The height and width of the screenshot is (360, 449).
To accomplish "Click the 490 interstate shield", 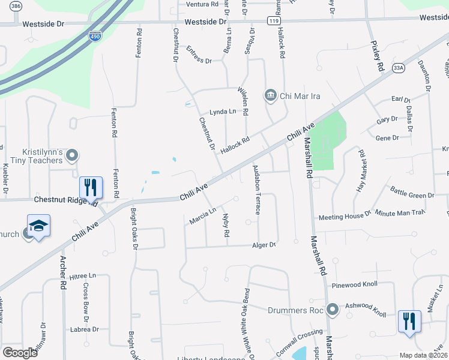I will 95,37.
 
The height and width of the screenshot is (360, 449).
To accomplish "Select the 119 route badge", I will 274,21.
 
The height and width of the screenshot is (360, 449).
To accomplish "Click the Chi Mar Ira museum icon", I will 270,95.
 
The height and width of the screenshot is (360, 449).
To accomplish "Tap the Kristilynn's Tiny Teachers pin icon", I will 72,156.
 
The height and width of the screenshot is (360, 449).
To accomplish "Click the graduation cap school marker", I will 38,227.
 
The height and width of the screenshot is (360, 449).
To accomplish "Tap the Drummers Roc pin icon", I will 333,310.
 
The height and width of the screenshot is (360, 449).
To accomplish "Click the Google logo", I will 20,353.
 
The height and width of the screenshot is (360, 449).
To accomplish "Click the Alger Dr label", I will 264,245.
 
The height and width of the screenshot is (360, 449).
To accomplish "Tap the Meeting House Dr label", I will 345,216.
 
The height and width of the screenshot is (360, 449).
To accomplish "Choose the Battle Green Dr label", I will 412,195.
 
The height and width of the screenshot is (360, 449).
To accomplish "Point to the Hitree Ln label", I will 83,275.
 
